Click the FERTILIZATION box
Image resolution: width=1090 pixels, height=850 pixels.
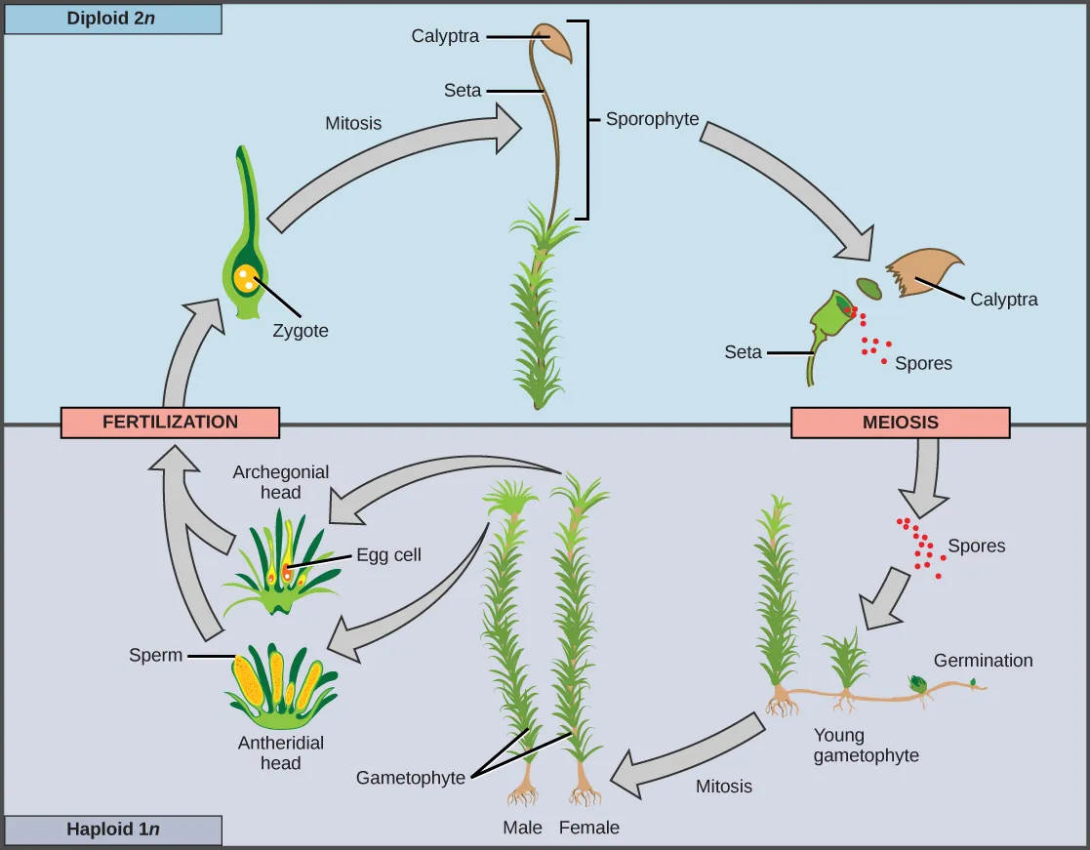pos(170,423)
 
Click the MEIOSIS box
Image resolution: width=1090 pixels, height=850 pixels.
pos(900,423)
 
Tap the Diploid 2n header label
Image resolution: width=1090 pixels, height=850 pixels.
pos(112,19)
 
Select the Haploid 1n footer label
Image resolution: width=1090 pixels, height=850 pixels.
pos(112,830)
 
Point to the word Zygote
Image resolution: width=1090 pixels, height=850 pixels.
pos(301,331)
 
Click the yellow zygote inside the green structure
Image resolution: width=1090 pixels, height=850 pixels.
pos(248,279)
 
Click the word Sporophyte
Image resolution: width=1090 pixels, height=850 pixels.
pos(652,119)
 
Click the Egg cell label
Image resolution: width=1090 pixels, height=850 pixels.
pos(388,554)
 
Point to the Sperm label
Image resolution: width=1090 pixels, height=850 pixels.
pos(156,655)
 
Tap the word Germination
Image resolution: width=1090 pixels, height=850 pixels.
pos(983,661)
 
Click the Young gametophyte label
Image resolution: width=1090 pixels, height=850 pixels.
pos(866,746)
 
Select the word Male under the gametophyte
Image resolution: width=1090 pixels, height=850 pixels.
pos(522,828)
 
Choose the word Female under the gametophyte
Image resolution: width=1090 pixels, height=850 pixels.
pos(589,828)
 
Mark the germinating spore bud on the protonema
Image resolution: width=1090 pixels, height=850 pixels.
pos(918,684)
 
